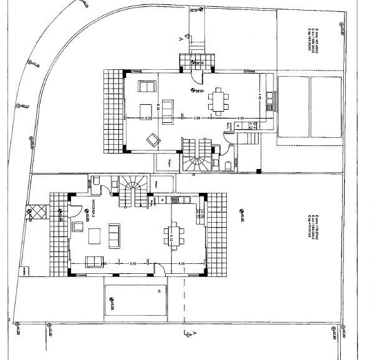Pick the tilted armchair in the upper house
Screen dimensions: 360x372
pyautogui.click(x=151, y=142)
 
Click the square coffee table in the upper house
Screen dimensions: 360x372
pyautogui.click(x=145, y=108)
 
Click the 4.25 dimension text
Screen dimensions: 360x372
pyautogui.click(x=181, y=264)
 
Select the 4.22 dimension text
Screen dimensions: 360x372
pyautogui.click(x=148, y=117)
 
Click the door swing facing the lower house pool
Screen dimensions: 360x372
pyautogui.click(x=160, y=270)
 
